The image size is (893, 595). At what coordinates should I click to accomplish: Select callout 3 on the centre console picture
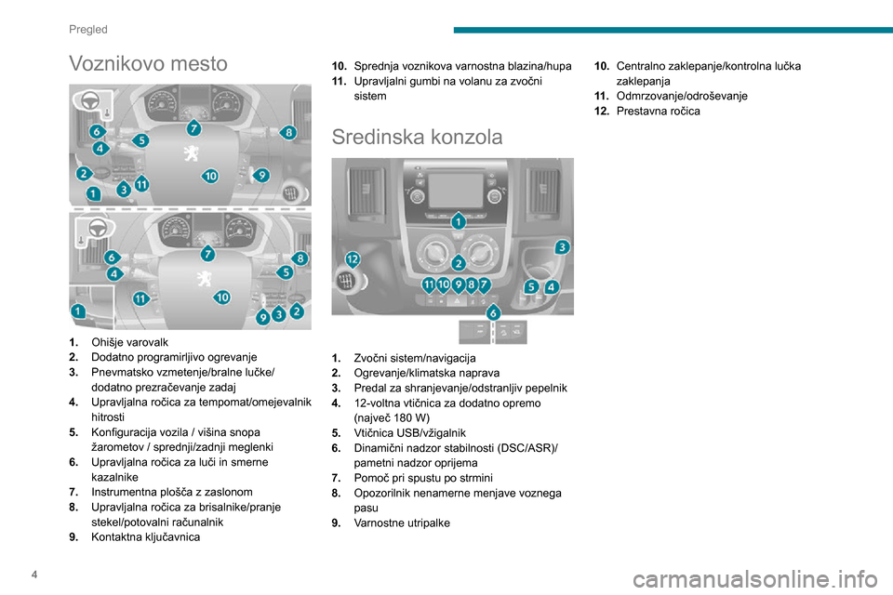tap(562, 246)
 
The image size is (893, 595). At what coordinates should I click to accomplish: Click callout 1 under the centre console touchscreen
tap(459, 223)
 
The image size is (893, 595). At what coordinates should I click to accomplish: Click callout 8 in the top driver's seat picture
tap(290, 133)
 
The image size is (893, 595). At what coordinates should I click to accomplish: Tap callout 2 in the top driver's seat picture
tap(83, 173)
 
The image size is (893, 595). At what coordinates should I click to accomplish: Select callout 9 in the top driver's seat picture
tap(262, 174)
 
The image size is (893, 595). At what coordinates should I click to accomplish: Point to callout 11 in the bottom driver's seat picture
tap(140, 298)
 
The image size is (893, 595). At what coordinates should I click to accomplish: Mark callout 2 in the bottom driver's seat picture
tap(297, 311)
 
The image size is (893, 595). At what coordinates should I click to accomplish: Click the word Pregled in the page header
tap(87, 29)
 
